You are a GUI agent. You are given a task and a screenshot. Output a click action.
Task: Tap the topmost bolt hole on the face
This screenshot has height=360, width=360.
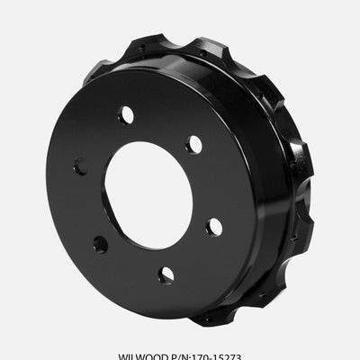coord(125,115)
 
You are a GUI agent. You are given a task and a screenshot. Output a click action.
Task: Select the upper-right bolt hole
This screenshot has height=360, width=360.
coord(193,145)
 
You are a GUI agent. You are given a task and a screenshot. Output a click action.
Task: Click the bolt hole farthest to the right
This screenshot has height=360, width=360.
coord(214,227)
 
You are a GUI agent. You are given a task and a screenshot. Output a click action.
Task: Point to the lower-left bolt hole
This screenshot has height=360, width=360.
coord(100,243)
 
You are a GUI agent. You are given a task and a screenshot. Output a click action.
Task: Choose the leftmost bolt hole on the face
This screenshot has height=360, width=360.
coord(79,166)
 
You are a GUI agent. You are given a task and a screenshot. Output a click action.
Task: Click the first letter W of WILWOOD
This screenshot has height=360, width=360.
coord(123,354)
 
